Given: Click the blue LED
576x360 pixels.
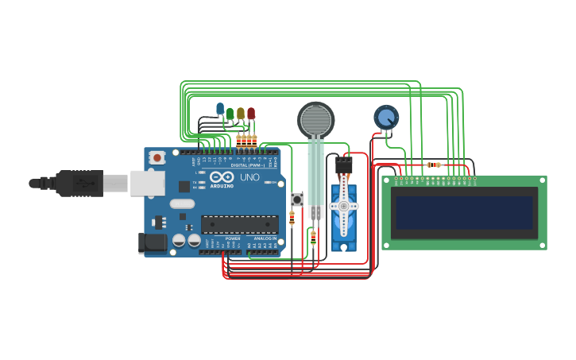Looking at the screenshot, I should tap(220, 108).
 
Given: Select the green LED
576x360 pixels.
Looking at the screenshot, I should tap(230, 113).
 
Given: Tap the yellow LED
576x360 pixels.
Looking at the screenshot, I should tap(241, 113).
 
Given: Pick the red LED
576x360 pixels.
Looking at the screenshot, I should tap(251, 114).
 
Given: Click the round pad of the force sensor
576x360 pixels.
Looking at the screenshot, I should tap(316, 118).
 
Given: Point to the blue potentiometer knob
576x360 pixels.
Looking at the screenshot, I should tap(386, 118).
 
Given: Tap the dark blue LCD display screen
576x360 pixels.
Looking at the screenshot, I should tap(465, 211).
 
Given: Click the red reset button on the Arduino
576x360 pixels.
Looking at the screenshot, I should tap(157, 157).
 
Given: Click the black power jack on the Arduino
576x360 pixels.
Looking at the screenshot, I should tap(151, 243).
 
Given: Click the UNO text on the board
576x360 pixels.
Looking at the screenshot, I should tap(249, 177).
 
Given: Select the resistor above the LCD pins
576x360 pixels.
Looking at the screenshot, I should tap(434, 165).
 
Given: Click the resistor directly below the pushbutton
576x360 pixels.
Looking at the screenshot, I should tap(292, 218).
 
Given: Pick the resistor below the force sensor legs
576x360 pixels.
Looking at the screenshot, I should tap(313, 236).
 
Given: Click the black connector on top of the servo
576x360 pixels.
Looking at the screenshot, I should tap(343, 165).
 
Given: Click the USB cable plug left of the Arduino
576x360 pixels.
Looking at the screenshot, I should tap(79, 184).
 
